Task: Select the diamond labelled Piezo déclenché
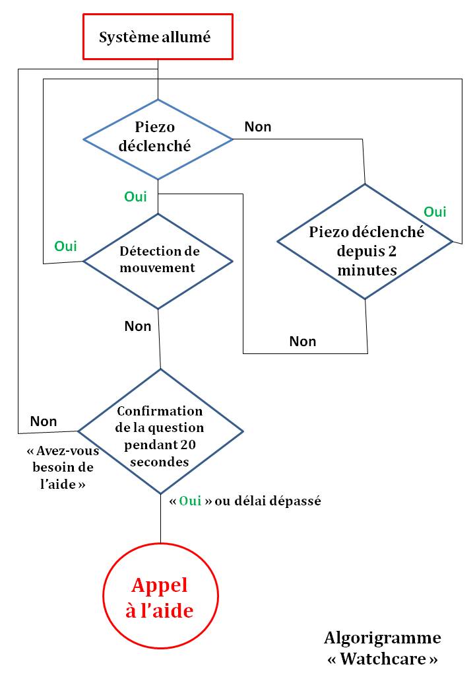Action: point(158,139)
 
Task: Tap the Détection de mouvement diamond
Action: point(158,260)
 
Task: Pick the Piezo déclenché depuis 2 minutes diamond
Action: point(365,242)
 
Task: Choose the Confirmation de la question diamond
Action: point(160,431)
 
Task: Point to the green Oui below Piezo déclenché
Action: point(135,197)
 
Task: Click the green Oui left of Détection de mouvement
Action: point(65,246)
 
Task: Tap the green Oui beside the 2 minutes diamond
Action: point(435,212)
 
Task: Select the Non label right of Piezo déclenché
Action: point(258,127)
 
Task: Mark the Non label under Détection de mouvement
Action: point(138,326)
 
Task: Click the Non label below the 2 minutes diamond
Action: point(303,342)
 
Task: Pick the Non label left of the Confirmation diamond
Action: point(44,421)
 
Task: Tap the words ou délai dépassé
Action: point(268,501)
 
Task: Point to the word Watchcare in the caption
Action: point(383,659)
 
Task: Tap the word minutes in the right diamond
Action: point(366,270)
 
